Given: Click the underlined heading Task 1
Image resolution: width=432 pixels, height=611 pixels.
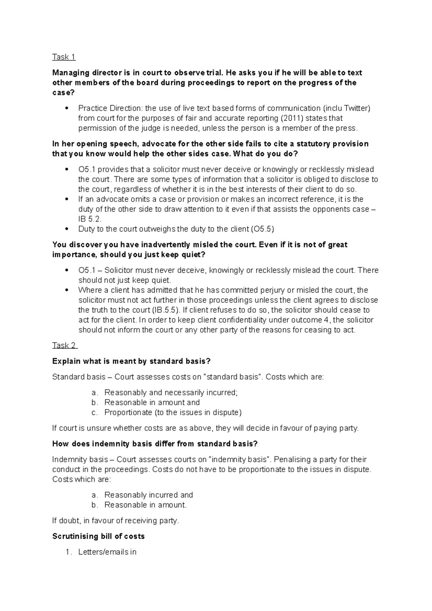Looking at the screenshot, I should (64, 57).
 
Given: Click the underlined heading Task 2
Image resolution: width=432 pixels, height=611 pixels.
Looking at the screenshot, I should (64, 345).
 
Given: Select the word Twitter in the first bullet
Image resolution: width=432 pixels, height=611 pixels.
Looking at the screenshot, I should (357, 108).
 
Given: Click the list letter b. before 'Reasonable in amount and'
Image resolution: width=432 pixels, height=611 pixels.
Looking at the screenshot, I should (94, 403).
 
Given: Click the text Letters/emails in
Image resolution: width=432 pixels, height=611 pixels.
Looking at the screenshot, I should (107, 552).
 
